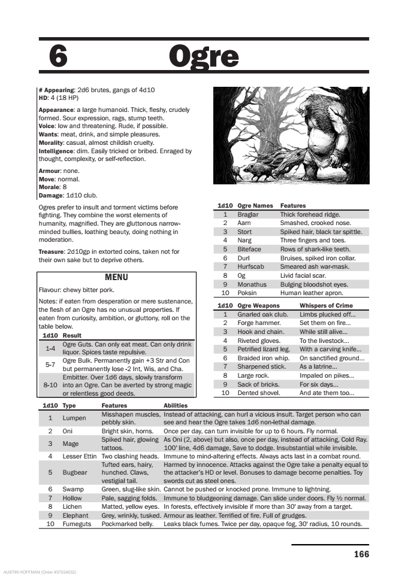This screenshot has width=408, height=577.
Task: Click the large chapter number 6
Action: (x=58, y=57)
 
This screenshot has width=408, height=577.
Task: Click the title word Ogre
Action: (x=204, y=57)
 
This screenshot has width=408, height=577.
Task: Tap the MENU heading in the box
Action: (x=116, y=278)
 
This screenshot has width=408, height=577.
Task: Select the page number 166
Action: (x=361, y=554)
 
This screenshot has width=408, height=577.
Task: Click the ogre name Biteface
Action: (x=249, y=249)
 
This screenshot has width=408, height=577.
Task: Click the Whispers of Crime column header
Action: (x=326, y=305)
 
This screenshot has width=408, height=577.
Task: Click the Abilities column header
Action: (x=176, y=405)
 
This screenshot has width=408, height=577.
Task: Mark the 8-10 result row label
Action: (x=50, y=385)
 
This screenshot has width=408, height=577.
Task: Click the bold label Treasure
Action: (x=52, y=252)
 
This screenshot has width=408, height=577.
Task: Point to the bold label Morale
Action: (x=49, y=187)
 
